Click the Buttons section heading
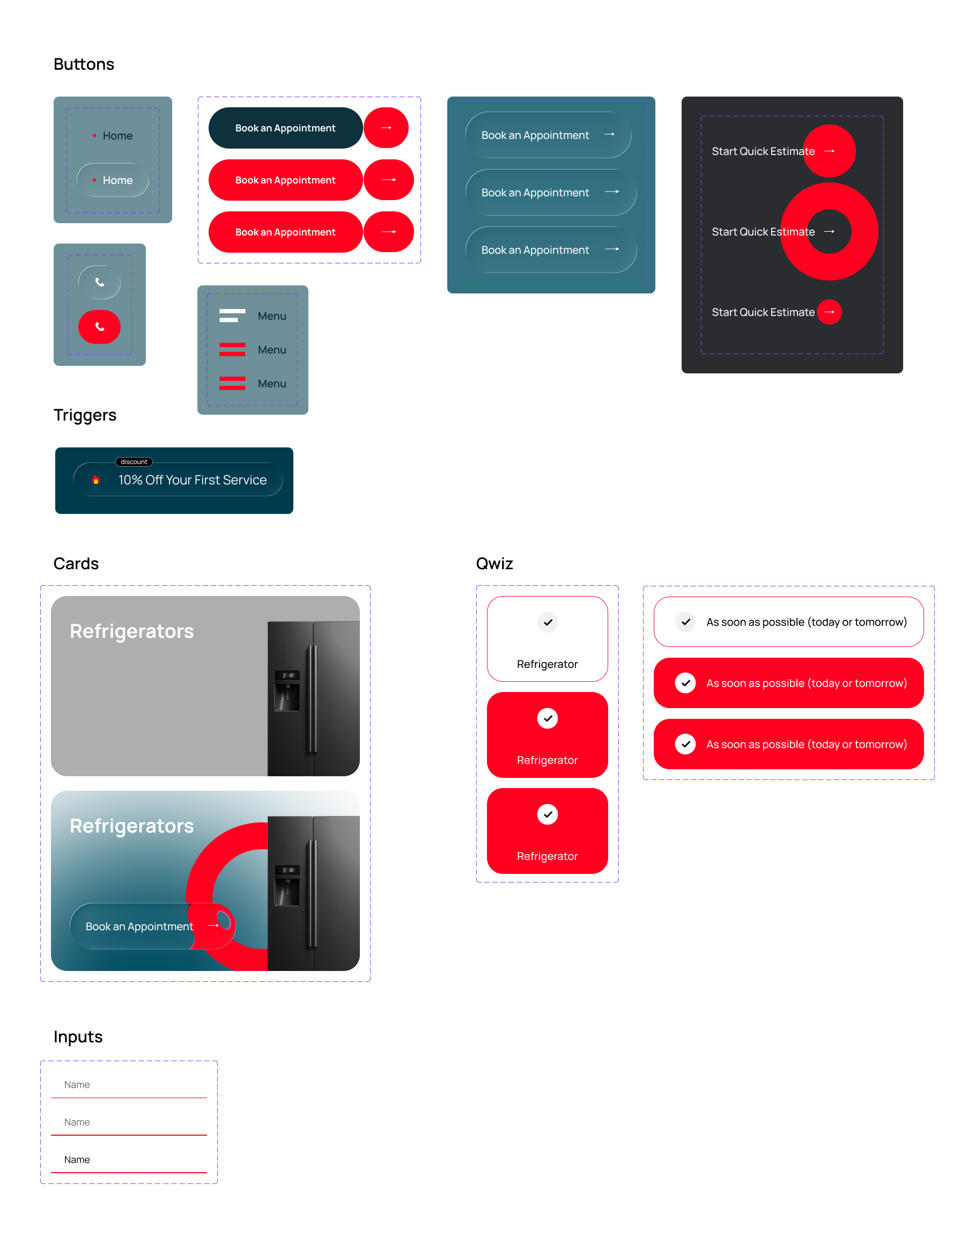tap(84, 64)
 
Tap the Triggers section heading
tap(85, 415)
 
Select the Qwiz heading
tap(494, 563)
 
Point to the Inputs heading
tap(78, 1037)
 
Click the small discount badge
tap(134, 462)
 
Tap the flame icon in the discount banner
tap(96, 480)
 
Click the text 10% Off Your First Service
tap(193, 480)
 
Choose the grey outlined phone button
tap(99, 282)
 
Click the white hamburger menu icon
tap(232, 316)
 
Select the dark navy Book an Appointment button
tap(285, 128)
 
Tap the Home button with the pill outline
tap(113, 180)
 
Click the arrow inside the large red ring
tap(830, 231)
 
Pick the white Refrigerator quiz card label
tap(547, 664)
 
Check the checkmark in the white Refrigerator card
tap(548, 622)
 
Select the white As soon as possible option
tap(788, 622)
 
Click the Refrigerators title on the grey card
tap(132, 631)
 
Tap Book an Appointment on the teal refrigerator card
tap(139, 926)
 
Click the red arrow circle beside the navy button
tap(387, 128)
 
